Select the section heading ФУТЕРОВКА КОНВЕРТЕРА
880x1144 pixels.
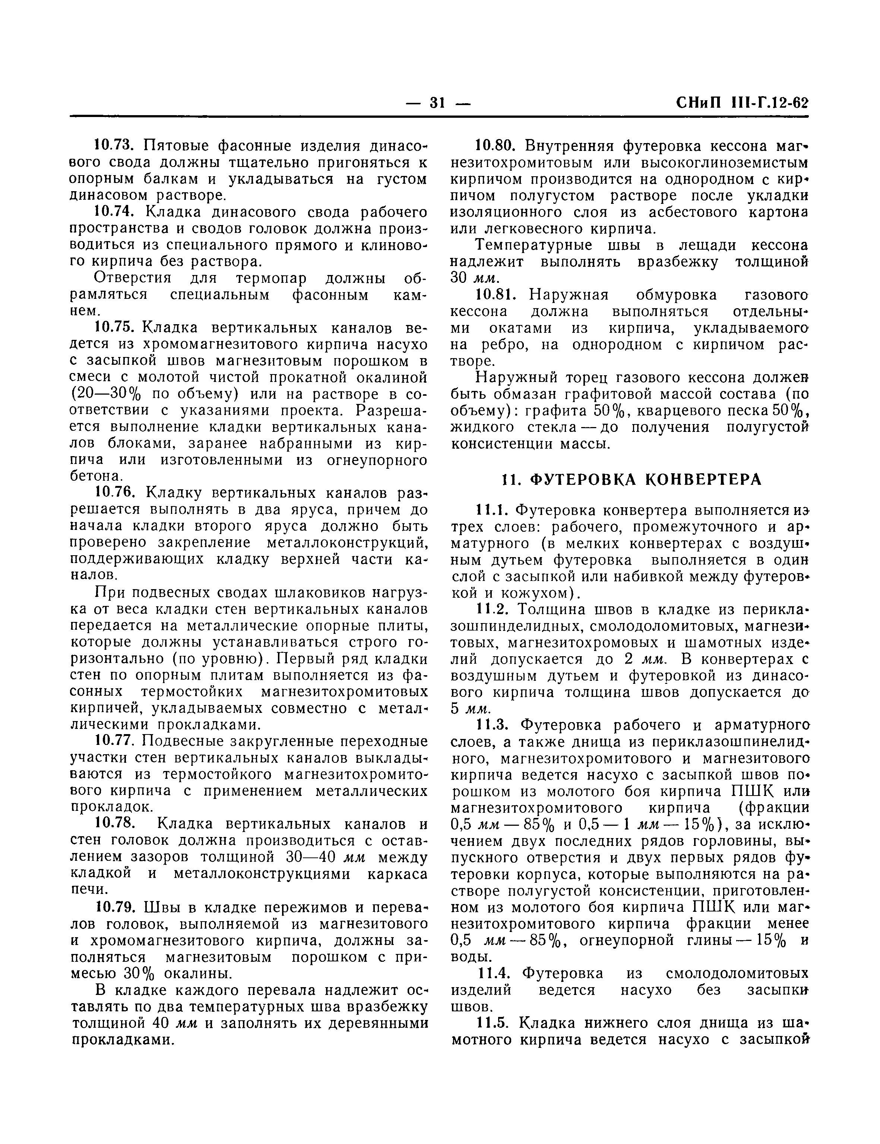pos(632,479)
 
